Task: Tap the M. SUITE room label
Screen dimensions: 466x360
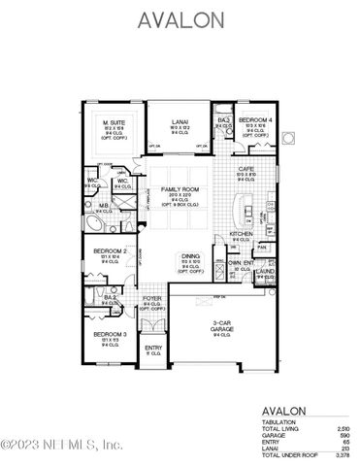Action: pos(116,120)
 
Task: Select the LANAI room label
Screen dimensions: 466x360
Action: pos(177,119)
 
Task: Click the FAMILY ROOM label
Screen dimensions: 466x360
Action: pos(178,197)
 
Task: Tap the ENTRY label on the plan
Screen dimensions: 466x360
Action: pos(153,348)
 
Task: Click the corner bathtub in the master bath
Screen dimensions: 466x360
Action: pos(94,222)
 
